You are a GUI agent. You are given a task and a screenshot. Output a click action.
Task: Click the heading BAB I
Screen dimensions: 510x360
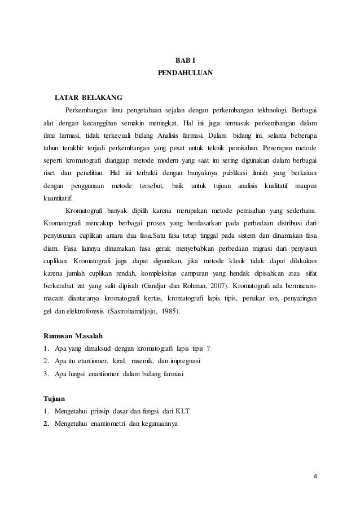pyautogui.click(x=182, y=60)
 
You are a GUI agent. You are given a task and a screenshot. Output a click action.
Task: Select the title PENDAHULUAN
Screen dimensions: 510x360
pyautogui.click(x=182, y=73)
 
